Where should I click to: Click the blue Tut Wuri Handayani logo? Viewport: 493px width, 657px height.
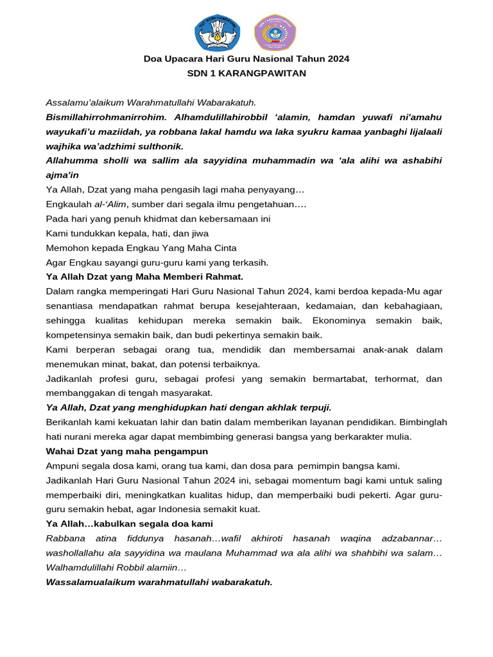click(x=217, y=32)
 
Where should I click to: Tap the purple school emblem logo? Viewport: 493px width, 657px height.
click(x=275, y=32)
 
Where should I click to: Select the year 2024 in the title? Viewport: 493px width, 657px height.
click(x=338, y=59)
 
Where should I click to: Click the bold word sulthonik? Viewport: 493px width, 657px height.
click(x=160, y=146)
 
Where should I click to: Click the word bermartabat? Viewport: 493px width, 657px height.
click(x=327, y=379)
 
